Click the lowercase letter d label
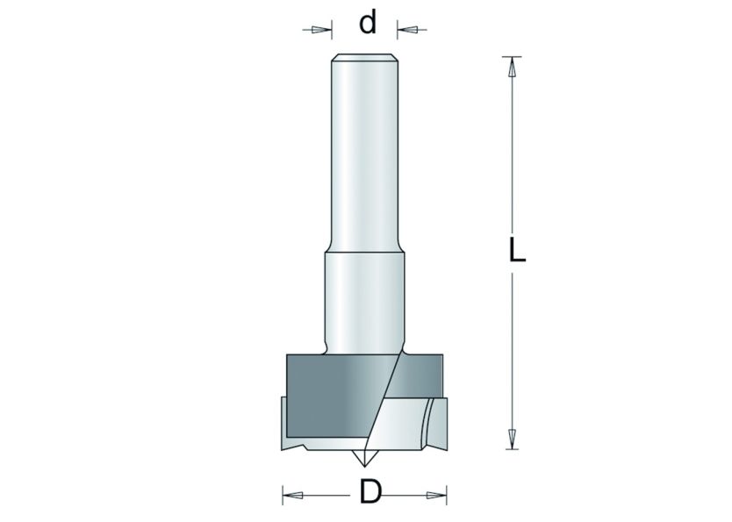tap(367, 24)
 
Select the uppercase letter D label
tap(370, 494)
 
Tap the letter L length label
tap(517, 252)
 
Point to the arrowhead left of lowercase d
tap(318, 30)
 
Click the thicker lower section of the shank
tap(364, 298)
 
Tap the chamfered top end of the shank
tap(364, 59)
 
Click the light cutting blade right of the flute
tap(417, 421)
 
